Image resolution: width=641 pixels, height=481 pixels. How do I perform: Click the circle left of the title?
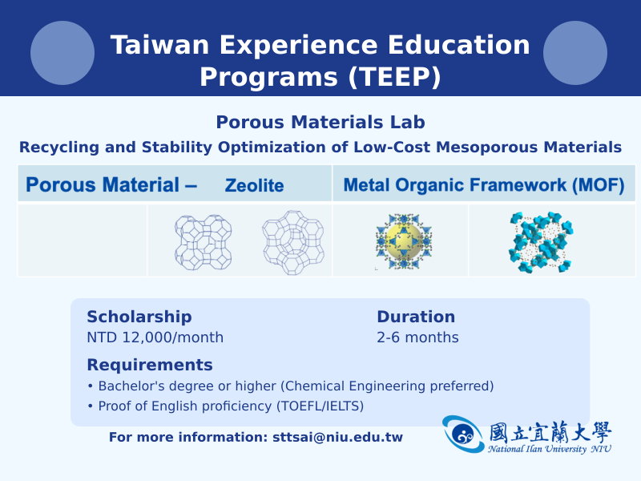pos(62,53)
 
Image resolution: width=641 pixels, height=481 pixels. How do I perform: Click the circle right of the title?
pos(575,53)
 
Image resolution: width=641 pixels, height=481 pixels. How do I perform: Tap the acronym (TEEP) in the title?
pos(394,76)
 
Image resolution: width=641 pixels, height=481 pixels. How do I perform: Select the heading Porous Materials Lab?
pos(320,122)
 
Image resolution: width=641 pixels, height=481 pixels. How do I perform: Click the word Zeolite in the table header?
pos(254,185)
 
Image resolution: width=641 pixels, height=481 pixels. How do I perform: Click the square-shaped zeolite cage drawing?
pos(204,242)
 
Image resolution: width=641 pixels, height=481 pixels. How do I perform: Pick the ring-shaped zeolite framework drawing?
pos(293,243)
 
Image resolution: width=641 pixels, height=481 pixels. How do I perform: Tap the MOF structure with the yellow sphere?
pos(404,241)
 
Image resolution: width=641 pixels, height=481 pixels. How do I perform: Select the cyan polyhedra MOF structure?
pos(541,242)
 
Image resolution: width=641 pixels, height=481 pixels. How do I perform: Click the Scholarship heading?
pos(139,317)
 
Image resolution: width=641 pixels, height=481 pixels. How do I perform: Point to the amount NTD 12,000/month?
pos(155,337)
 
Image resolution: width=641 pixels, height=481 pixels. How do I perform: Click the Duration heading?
pos(416,317)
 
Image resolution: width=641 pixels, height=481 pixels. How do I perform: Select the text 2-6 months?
pos(417,337)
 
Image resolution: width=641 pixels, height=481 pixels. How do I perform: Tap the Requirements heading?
pos(150,365)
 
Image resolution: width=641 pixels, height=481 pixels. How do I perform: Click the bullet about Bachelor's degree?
pos(291,386)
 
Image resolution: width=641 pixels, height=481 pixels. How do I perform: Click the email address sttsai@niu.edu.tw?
pos(337,437)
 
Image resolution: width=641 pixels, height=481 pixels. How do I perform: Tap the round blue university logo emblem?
pos(464,435)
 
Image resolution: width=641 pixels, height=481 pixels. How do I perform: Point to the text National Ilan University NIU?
pos(550,449)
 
